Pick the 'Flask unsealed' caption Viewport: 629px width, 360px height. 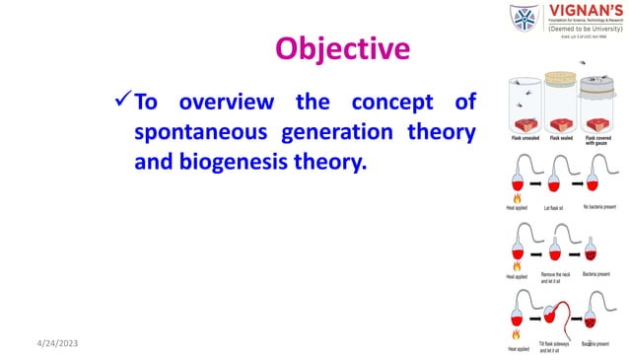tap(523, 140)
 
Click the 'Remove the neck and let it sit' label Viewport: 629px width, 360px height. tap(558, 278)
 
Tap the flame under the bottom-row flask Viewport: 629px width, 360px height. tap(517, 335)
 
